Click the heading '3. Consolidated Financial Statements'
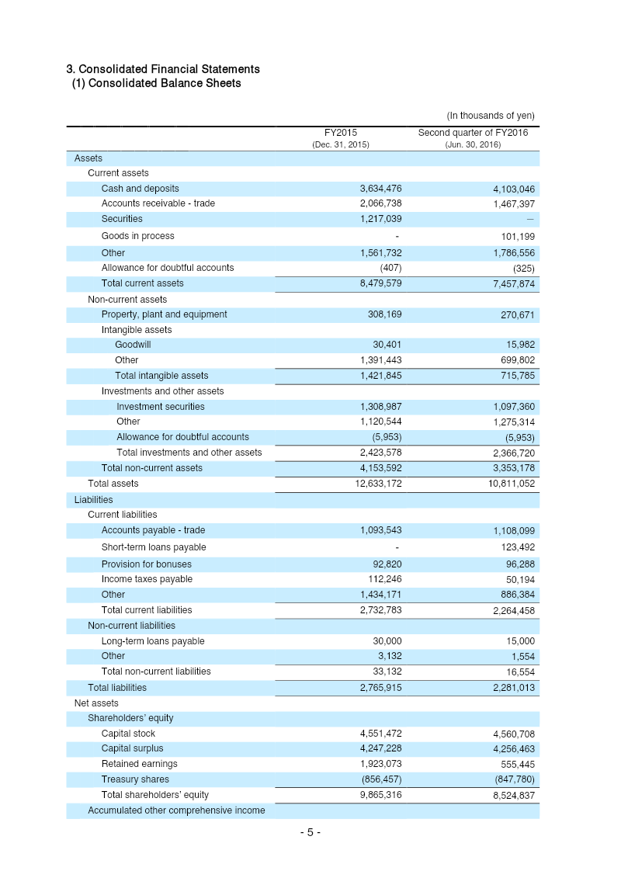point(163,69)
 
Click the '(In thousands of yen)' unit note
point(490,116)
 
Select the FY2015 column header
point(340,133)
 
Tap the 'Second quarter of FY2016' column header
point(473,133)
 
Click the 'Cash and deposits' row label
point(140,189)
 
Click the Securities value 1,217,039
point(380,219)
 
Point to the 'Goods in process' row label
point(137,236)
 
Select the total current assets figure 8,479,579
point(380,283)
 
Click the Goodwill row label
point(133,345)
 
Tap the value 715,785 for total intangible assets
point(516,377)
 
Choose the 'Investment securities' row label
point(161,407)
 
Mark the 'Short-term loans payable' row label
point(154,547)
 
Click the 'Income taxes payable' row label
point(147,579)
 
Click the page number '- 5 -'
point(310,832)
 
